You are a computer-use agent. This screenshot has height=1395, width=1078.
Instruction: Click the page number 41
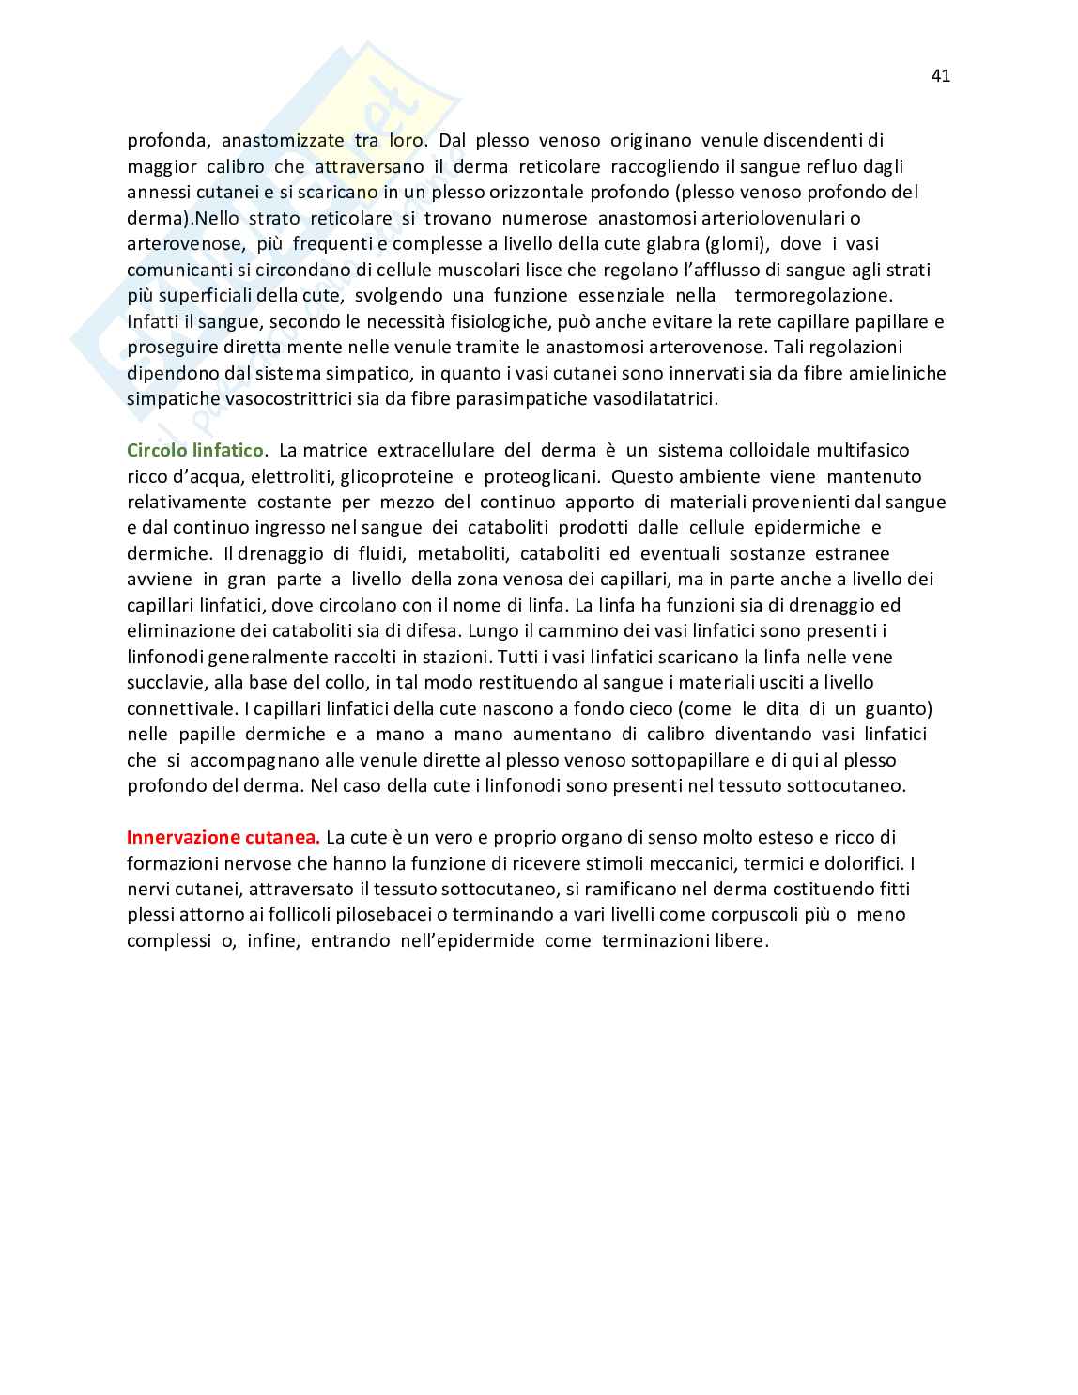pyautogui.click(x=941, y=76)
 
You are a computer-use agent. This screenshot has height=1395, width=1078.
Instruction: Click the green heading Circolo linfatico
pyautogui.click(x=195, y=451)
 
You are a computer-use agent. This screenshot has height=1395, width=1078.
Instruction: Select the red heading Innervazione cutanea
pyautogui.click(x=223, y=837)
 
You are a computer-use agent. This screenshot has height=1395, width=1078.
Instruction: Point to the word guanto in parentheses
pyautogui.click(x=897, y=708)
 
